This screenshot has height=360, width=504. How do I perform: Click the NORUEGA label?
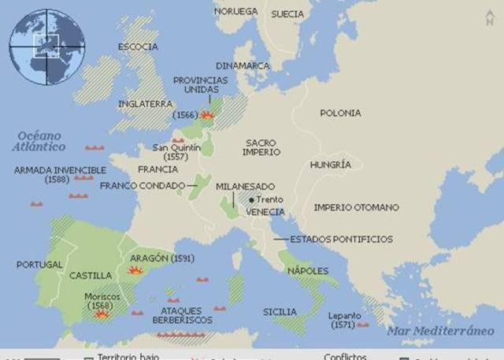tap(235, 12)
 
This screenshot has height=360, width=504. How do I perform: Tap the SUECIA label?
tap(287, 14)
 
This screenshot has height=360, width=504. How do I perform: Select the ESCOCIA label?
tap(138, 46)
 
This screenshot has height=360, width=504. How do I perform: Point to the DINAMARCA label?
tap(243, 66)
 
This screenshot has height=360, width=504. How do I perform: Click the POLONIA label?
tap(340, 113)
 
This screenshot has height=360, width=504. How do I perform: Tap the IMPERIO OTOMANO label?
tap(356, 207)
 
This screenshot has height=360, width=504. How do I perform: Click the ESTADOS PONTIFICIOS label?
tap(341, 239)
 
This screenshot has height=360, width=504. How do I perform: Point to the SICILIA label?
tap(280, 311)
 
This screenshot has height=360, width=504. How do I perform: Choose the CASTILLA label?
tap(91, 276)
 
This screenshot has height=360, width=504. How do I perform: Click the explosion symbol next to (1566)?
tap(207, 115)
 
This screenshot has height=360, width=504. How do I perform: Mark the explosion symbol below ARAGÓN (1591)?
tap(136, 270)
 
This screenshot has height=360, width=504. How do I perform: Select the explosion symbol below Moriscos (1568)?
tap(102, 313)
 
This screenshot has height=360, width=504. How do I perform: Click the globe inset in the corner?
tap(46, 46)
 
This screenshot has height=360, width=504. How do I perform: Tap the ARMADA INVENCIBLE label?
tap(60, 169)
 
